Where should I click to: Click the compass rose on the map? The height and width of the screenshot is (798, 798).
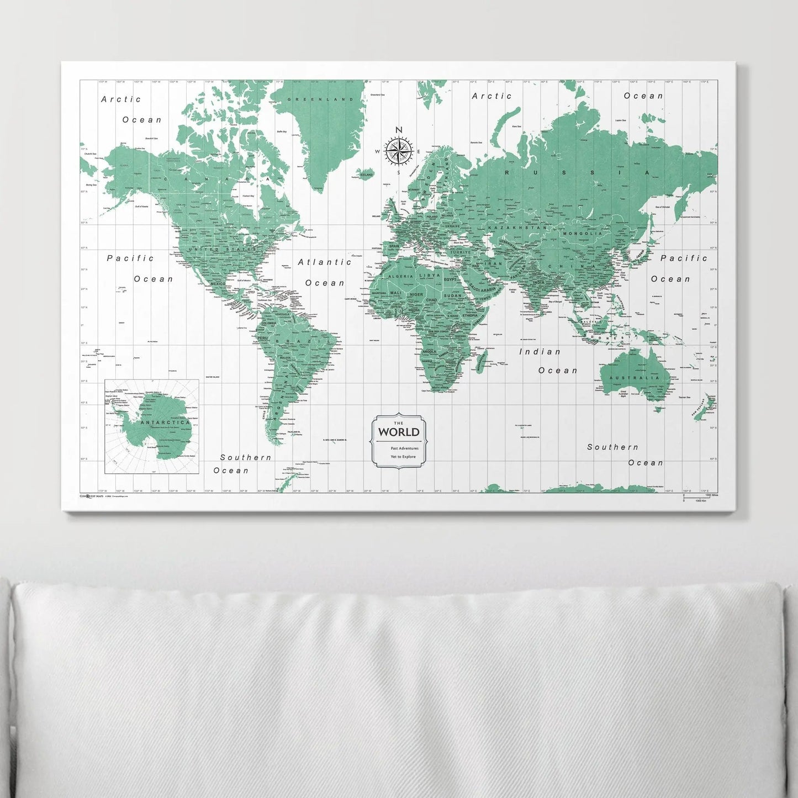click(398, 151)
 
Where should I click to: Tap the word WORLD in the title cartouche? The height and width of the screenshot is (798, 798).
click(398, 432)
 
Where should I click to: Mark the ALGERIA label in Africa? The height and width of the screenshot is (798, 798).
click(400, 276)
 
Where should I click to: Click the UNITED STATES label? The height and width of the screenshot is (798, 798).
click(220, 250)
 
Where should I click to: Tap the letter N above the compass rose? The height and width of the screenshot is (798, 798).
click(398, 130)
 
